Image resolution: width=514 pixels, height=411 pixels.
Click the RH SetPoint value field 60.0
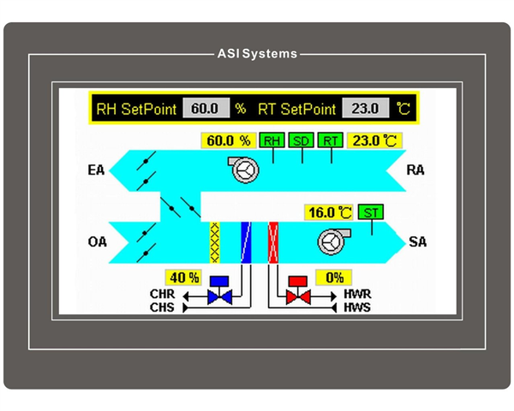(206, 109)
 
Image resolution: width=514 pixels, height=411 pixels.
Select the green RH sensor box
(272, 140)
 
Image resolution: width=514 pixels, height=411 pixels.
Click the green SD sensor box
(301, 140)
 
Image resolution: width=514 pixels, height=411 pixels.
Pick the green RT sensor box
(330, 140)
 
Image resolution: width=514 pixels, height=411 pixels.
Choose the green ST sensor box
(372, 211)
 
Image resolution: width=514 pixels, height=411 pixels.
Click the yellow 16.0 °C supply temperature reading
(329, 211)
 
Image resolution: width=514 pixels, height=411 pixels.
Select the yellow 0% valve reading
(334, 277)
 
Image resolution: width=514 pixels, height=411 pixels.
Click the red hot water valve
(299, 291)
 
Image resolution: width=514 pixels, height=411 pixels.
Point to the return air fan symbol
(244, 170)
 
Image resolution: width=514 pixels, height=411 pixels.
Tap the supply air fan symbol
(331, 241)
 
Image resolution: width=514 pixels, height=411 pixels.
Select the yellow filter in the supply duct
(214, 241)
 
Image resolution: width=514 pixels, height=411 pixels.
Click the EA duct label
(96, 170)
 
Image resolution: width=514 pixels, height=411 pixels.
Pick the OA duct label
(97, 241)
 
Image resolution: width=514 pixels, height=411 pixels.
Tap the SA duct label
(417, 242)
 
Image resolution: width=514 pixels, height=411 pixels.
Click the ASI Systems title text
(257, 54)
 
